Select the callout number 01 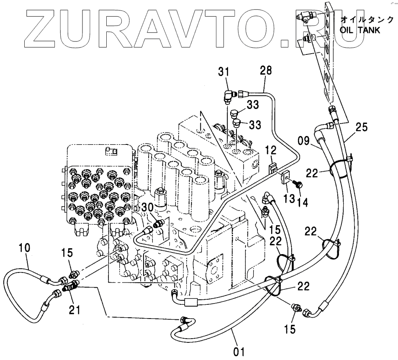(238, 349)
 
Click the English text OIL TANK (360, 31)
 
